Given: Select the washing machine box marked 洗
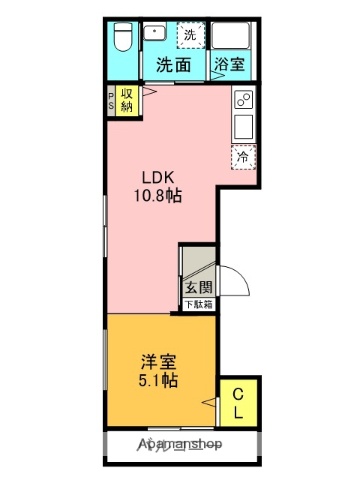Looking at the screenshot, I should point(189,35).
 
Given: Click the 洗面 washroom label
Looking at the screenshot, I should point(174,66).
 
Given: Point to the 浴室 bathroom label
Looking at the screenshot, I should point(229,66).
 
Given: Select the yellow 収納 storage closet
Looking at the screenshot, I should point(128,100).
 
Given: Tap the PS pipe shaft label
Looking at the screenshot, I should point(111,101).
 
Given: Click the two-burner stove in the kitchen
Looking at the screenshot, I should point(242,99).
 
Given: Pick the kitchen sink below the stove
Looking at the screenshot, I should point(242,127).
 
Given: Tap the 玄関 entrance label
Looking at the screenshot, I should point(196,287).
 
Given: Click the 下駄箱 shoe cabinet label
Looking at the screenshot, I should point(197,304).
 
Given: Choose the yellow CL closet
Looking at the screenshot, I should point(240,404).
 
